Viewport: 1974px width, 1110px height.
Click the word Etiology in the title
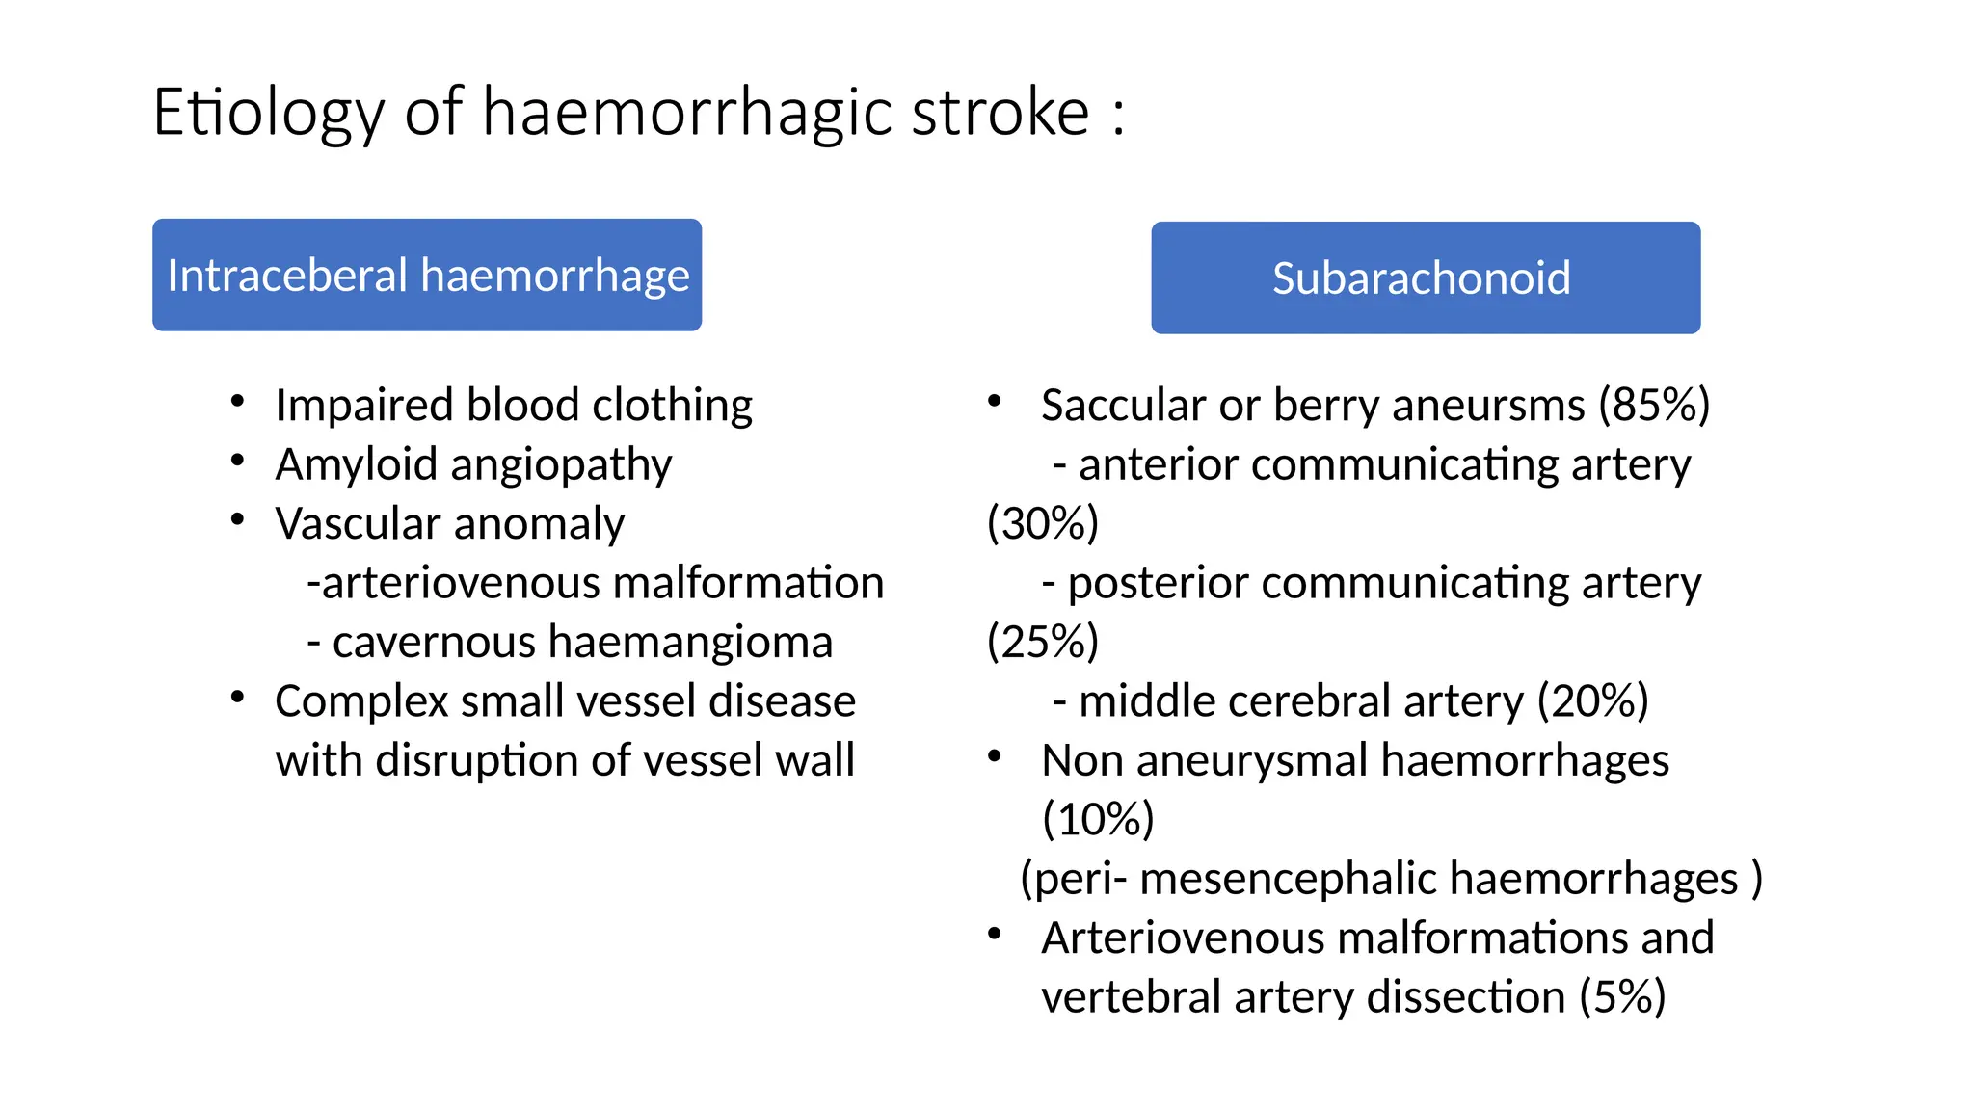(x=268, y=114)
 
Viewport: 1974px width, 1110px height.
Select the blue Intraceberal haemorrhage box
(x=427, y=276)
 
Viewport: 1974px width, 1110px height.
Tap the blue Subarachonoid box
(x=1425, y=278)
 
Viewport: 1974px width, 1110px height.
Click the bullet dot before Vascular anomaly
(x=237, y=520)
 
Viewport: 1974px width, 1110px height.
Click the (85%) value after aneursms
(x=1654, y=406)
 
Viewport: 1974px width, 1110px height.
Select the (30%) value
(x=1043, y=524)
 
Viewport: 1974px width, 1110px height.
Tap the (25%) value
(x=1043, y=643)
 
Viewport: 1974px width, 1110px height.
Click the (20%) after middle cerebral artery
(x=1593, y=702)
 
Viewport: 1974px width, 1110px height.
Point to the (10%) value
(x=1098, y=820)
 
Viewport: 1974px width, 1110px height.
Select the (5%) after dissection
(x=1622, y=998)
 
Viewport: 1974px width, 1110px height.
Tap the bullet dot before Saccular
(x=995, y=402)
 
